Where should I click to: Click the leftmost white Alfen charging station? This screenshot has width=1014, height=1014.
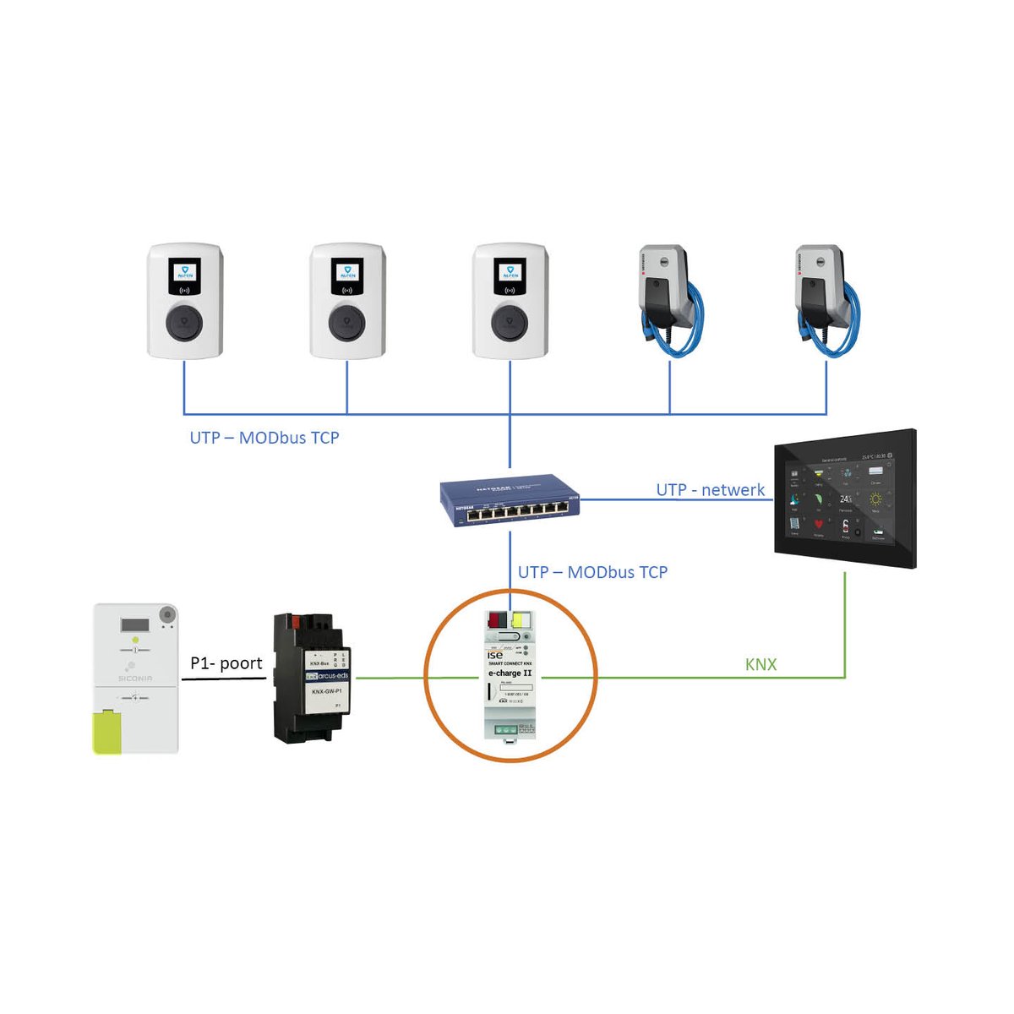coord(185,301)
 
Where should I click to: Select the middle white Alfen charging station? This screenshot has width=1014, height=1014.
coord(347,301)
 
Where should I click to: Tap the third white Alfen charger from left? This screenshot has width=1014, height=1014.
coord(510,301)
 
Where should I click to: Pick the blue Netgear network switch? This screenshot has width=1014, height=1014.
coord(510,501)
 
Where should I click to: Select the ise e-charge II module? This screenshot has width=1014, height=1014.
coord(510,676)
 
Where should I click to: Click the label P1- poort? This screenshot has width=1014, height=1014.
coord(226,663)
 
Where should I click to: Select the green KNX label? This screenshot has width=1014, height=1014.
coord(760,665)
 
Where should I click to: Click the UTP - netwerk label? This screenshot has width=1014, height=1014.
coord(710,490)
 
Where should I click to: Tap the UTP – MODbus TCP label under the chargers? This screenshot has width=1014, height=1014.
coord(264,438)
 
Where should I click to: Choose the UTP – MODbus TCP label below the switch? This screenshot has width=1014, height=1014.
coord(592,572)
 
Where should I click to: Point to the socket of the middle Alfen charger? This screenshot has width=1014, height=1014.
coord(347,322)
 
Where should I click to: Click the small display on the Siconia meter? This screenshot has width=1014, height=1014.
coord(134,625)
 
